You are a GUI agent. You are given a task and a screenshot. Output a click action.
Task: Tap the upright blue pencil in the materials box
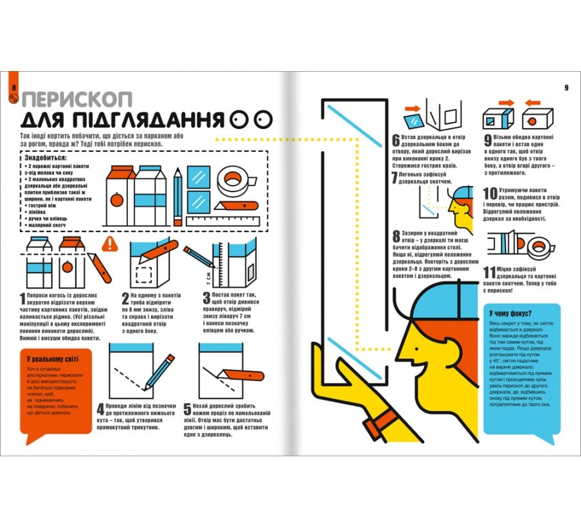pyautogui.click(x=178, y=191)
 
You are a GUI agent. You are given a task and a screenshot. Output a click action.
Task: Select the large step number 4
pyautogui.click(x=101, y=410)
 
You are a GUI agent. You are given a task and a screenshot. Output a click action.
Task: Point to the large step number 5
pyautogui.click(x=189, y=410)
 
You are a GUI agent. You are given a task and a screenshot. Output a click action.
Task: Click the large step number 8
pyautogui.click(x=396, y=237)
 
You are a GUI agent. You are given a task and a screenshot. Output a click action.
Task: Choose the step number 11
pyautogui.click(x=490, y=274)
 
